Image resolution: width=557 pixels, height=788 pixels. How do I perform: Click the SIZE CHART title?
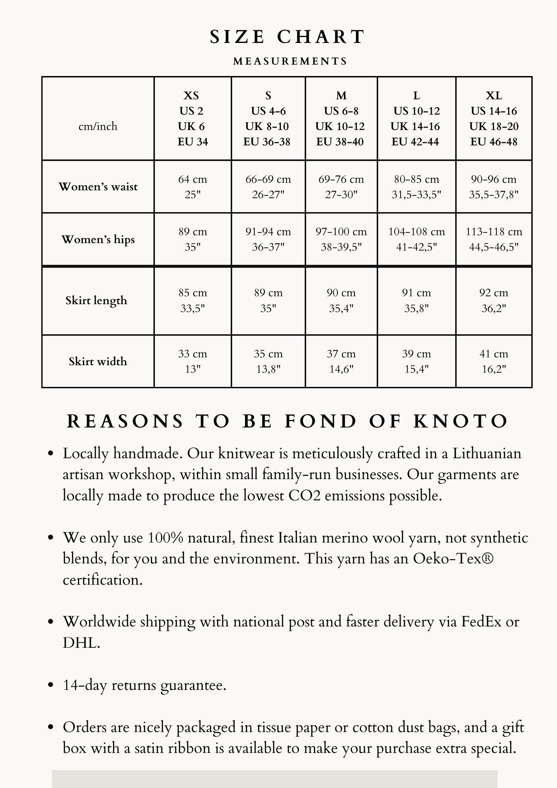point(287,37)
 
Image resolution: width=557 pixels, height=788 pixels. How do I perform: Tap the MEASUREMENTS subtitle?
point(290,61)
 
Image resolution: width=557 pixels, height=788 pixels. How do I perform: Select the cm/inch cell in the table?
point(98,126)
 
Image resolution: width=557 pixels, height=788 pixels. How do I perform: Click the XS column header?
point(192,118)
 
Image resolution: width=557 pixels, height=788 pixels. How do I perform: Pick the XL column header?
point(494,118)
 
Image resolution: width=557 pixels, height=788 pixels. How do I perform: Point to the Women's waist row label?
point(98,186)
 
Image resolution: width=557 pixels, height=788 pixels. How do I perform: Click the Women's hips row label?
point(98,240)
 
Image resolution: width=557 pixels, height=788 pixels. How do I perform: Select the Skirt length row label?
point(97,301)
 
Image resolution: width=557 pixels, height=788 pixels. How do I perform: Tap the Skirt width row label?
point(98,361)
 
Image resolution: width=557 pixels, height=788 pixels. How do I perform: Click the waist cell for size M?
point(341,187)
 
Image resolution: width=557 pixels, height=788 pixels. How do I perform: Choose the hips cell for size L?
point(416,239)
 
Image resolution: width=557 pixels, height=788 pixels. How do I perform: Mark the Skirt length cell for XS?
point(193,300)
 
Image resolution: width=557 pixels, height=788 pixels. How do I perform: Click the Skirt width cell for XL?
point(494,361)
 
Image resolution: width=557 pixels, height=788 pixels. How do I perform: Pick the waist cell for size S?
point(268,187)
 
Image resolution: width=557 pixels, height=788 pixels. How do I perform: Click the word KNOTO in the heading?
point(461,421)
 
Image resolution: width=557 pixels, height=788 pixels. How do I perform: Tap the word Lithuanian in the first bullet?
point(486,453)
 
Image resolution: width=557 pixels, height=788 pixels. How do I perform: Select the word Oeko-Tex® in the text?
point(453,559)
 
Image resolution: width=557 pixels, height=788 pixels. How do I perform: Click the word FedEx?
point(481,622)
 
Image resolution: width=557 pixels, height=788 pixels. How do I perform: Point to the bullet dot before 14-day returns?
point(50,685)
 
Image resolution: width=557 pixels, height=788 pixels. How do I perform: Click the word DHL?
point(81,643)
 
